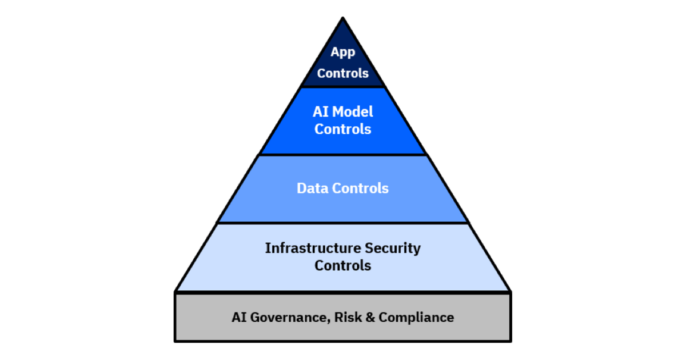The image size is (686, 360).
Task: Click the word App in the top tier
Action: pyautogui.click(x=342, y=53)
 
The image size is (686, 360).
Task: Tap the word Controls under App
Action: pyautogui.click(x=342, y=74)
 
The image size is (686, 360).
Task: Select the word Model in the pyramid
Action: pyautogui.click(x=353, y=112)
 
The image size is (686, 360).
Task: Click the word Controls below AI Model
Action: pyautogui.click(x=342, y=129)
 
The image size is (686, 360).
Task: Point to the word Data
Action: pyautogui.click(x=313, y=188)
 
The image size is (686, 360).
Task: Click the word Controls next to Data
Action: pyautogui.click(x=361, y=188)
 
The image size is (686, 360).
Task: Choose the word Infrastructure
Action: pyautogui.click(x=313, y=248)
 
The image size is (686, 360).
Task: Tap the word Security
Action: pyautogui.click(x=393, y=248)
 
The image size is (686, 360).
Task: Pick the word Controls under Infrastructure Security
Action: pyautogui.click(x=342, y=266)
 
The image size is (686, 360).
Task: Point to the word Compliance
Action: pyautogui.click(x=416, y=318)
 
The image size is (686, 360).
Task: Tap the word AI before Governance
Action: pyautogui.click(x=239, y=318)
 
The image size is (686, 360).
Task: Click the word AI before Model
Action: pyautogui.click(x=321, y=112)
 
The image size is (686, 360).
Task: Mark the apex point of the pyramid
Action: pyautogui.click(x=342, y=18)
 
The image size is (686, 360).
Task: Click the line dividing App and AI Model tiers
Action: pyautogui.click(x=342, y=87)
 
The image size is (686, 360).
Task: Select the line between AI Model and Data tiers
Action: pyautogui.click(x=342, y=155)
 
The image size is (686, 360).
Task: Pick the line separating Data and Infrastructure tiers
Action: pyautogui.click(x=342, y=223)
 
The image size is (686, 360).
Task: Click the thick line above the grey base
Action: pyautogui.click(x=342, y=293)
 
